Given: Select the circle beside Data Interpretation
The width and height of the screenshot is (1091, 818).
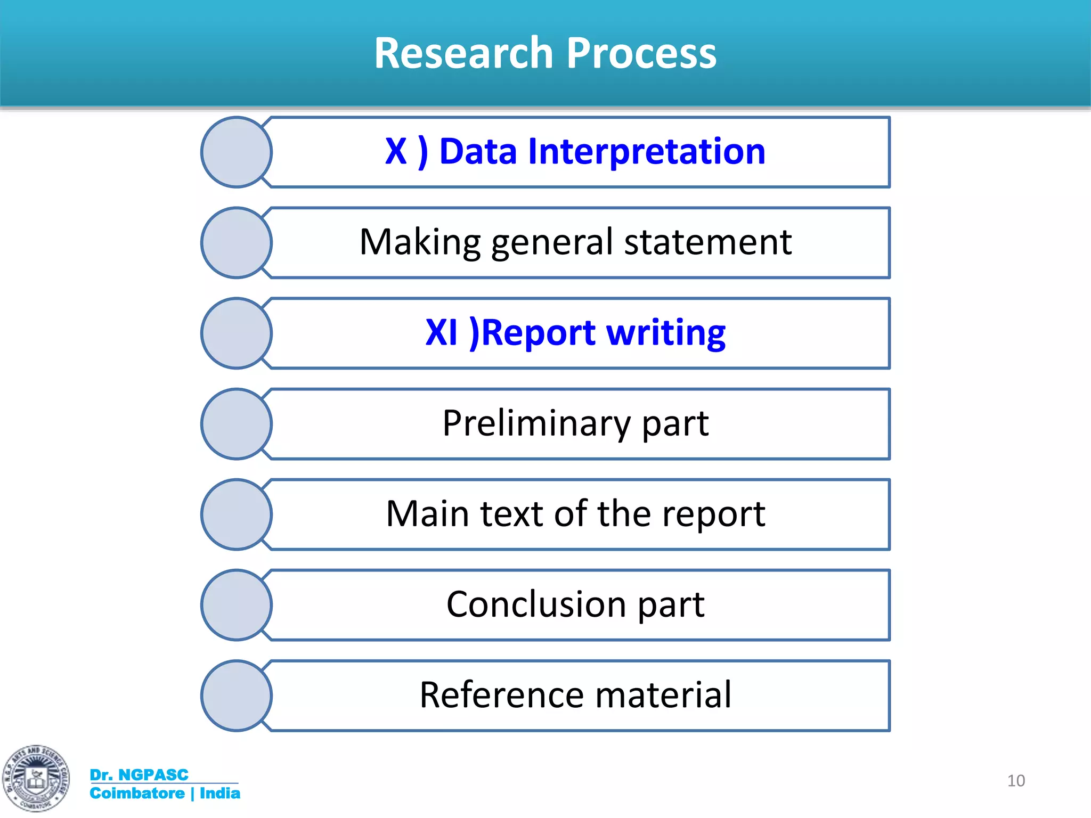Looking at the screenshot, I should (237, 152).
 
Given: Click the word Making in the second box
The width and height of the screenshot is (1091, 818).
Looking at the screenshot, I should (420, 242).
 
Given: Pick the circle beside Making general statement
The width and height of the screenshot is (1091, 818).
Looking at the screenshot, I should (237, 243).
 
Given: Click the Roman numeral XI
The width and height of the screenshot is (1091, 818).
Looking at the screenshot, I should (442, 333).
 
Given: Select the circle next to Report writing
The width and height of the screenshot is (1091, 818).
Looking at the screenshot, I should (237, 333).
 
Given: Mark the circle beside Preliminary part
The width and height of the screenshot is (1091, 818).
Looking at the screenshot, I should (237, 424).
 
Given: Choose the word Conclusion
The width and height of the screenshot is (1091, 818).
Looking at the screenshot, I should (536, 604).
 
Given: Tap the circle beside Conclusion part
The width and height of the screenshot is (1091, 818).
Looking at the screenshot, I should (237, 605).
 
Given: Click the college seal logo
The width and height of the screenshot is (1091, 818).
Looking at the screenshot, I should (36, 779).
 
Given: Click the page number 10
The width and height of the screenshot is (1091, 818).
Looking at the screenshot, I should (1016, 781).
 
